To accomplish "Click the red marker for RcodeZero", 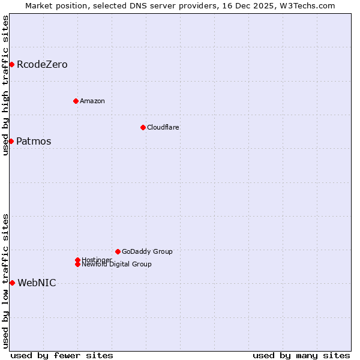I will (11, 64).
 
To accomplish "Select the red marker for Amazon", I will (76, 101).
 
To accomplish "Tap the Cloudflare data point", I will (143, 127).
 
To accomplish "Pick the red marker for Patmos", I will (11, 141).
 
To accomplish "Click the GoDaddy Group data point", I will (118, 251).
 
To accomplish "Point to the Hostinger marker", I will (77, 260).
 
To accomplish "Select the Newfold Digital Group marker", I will (77, 264).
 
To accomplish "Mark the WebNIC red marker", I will (12, 283).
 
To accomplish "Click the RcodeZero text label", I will (42, 64).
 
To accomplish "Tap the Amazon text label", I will (92, 101).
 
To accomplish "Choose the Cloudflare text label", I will (163, 127).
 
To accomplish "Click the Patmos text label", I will (34, 142).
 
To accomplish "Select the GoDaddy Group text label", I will (147, 251).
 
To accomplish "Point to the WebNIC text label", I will (37, 283).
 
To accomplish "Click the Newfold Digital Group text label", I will (117, 264).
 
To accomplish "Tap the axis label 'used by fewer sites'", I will (62, 355).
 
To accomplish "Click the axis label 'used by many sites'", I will (301, 355).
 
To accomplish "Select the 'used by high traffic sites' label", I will (5, 85).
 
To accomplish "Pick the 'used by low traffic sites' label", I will (5, 281).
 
